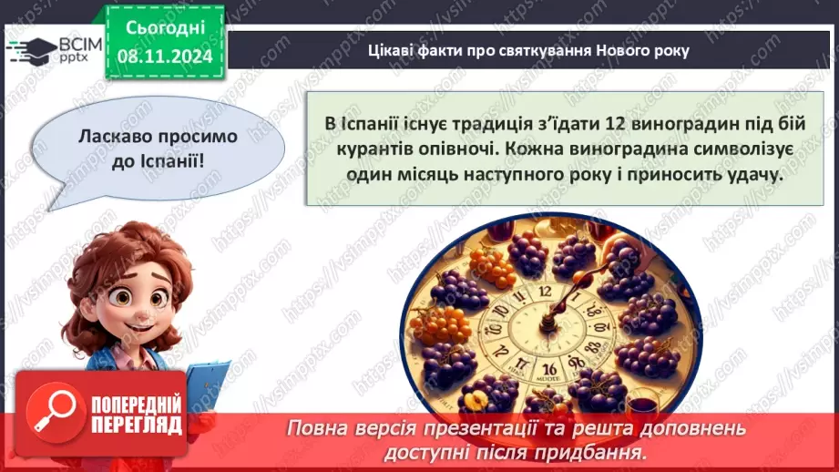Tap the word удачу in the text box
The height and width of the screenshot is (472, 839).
click(x=754, y=176)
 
